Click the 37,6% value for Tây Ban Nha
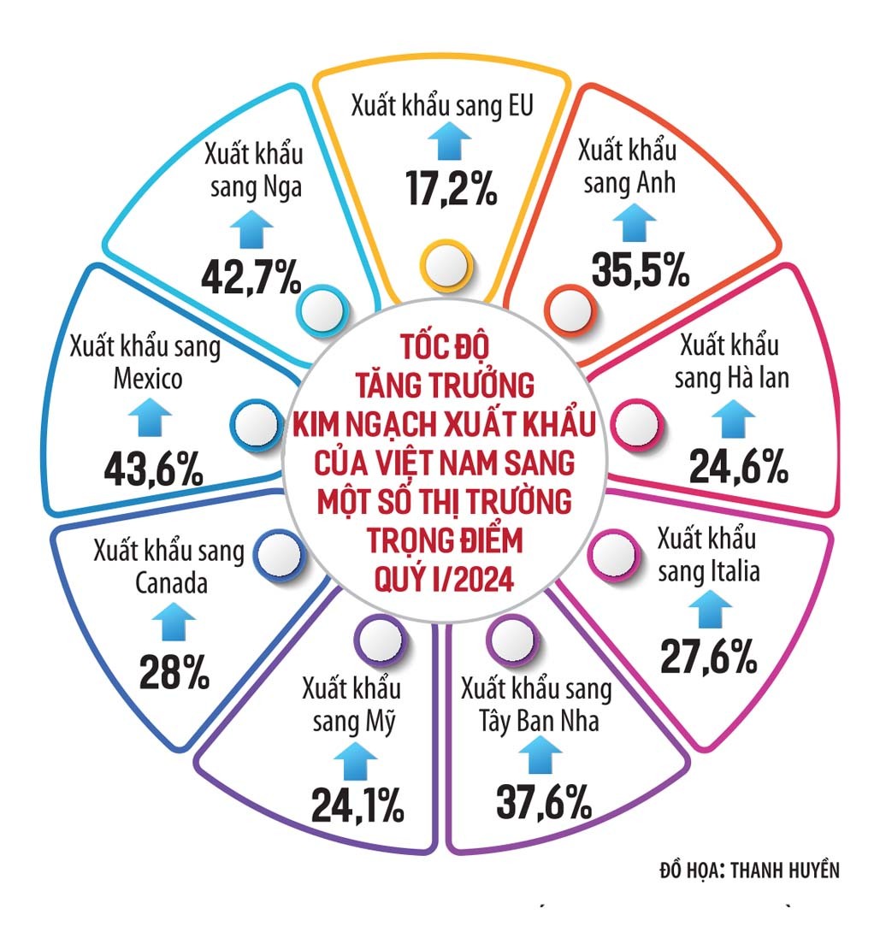point(544,802)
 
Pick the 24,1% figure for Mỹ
point(358,804)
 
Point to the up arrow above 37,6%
point(540,755)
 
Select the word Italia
point(729,571)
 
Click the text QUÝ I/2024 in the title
point(443,582)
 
